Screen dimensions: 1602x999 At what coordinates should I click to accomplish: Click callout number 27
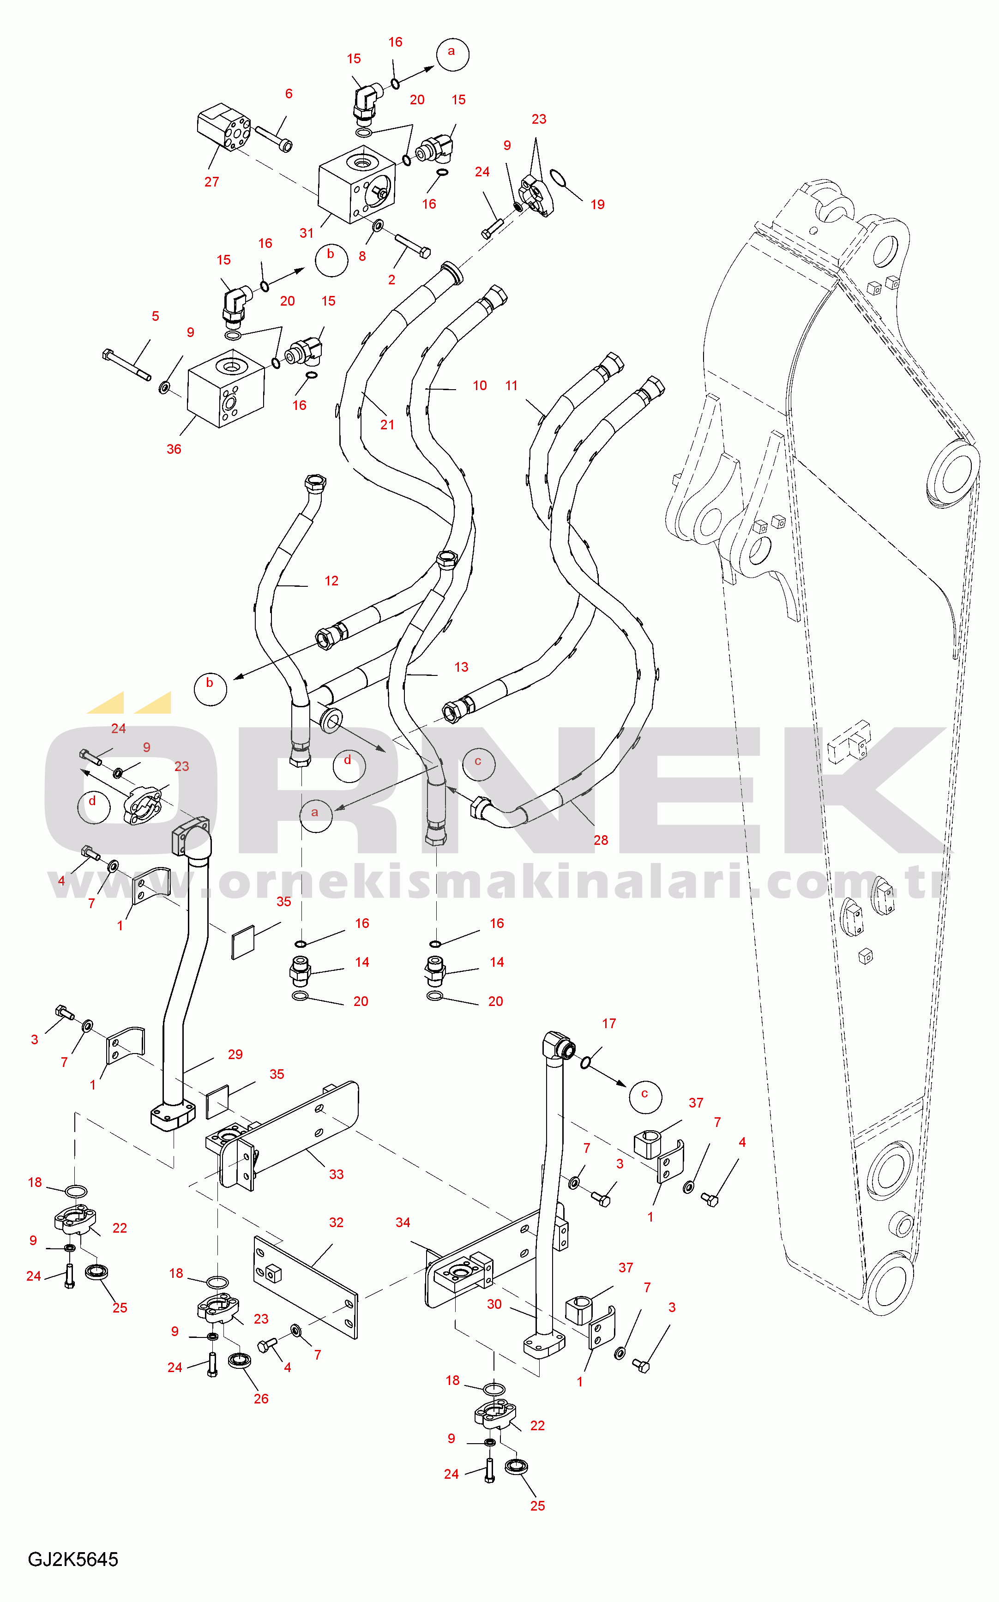211,182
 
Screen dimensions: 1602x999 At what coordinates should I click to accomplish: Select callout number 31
307,233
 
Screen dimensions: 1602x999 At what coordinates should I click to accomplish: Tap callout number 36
174,449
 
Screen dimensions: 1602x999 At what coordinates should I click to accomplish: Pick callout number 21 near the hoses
387,425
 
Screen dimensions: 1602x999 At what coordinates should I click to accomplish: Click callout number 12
331,581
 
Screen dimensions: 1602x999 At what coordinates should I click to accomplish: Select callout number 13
461,667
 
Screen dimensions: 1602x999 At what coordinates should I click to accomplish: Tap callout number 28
601,840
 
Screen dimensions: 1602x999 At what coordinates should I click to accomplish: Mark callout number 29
235,1054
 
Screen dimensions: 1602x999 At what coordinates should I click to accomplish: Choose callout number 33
336,1174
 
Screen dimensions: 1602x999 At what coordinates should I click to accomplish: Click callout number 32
336,1222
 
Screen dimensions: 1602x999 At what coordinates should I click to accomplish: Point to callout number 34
403,1222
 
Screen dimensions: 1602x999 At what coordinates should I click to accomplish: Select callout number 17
609,1024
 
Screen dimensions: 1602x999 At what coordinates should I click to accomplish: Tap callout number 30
494,1304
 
